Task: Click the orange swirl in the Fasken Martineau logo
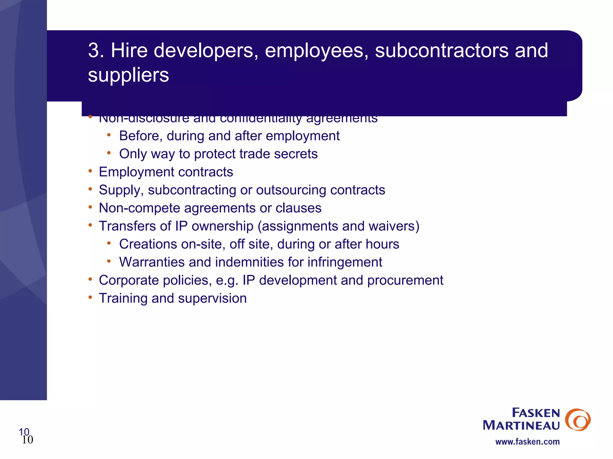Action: (x=577, y=420)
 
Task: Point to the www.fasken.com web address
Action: (x=527, y=442)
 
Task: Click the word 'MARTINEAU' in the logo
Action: (x=521, y=426)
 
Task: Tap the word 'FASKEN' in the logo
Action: (x=536, y=413)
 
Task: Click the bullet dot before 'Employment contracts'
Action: (x=90, y=171)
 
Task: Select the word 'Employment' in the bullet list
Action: (x=136, y=172)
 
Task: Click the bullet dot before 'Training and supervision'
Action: (x=90, y=297)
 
